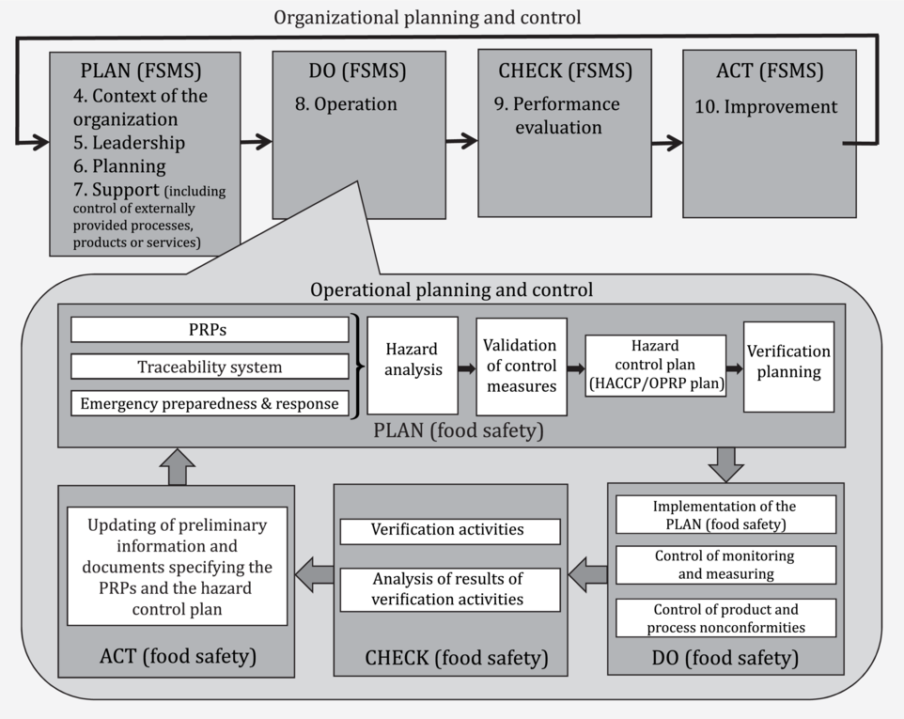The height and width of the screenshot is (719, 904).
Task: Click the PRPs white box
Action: click(210, 330)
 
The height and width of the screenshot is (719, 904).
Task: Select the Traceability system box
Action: click(210, 367)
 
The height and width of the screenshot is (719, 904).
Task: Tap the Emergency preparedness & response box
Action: click(210, 404)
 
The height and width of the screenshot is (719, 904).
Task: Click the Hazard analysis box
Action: click(413, 366)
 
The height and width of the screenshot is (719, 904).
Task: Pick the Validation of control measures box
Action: click(521, 366)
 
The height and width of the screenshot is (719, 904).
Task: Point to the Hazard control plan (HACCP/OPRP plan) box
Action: click(656, 365)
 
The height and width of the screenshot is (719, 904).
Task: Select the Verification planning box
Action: click(788, 366)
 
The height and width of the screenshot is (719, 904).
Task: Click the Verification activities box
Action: click(449, 530)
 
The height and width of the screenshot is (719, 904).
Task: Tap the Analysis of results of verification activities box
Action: click(449, 589)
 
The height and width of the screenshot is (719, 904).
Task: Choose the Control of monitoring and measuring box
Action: click(725, 565)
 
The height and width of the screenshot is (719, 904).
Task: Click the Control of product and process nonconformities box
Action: click(725, 618)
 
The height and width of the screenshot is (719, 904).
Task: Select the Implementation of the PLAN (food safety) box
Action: click(725, 515)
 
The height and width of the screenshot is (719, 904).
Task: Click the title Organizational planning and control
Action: click(428, 17)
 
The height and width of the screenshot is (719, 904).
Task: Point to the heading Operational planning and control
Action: click(451, 290)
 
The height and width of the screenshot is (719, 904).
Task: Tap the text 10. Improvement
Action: click(766, 107)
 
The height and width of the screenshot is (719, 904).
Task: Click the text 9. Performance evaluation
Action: click(557, 116)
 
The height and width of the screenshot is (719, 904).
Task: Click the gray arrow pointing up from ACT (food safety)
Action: click(178, 466)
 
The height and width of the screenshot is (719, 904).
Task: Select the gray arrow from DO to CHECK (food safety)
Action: click(588, 574)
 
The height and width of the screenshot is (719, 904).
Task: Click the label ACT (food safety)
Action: click(178, 655)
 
